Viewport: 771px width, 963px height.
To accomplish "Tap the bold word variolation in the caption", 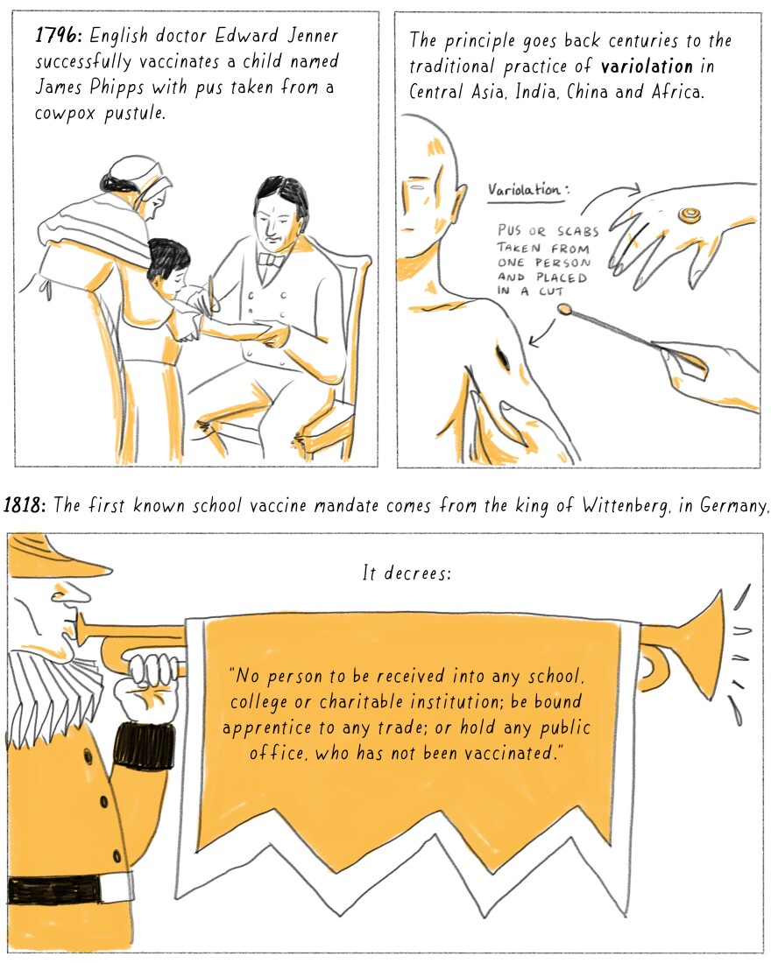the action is click(647, 66).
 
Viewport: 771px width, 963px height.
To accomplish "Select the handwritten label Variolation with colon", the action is click(528, 189).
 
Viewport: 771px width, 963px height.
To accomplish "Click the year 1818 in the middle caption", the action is click(24, 505).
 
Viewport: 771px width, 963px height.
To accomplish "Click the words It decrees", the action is click(407, 573).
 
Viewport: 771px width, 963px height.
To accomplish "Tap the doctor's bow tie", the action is click(272, 260).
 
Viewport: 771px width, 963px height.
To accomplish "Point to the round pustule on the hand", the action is click(690, 214).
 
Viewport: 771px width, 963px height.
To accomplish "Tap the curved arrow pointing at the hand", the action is click(609, 193).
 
